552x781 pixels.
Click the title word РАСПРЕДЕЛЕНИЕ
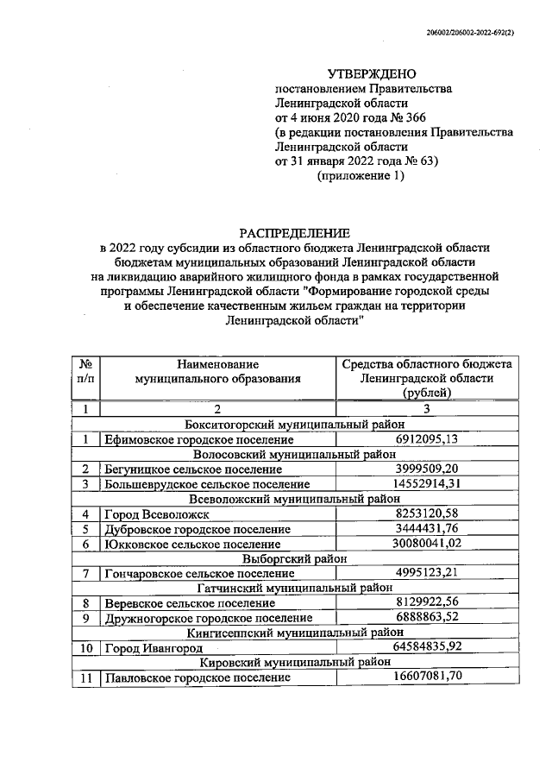tap(294, 232)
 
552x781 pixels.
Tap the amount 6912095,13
tap(429, 439)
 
